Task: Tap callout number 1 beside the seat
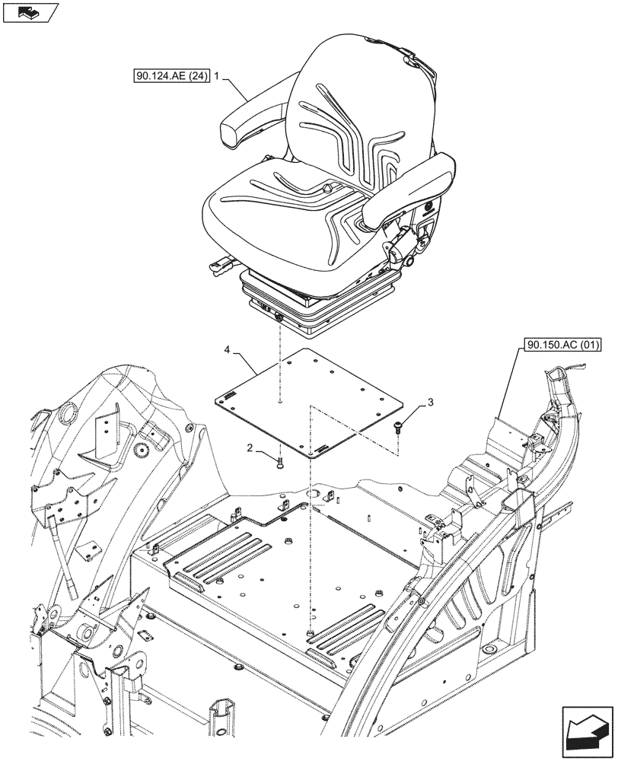[x=218, y=76]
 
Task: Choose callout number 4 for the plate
[x=228, y=350]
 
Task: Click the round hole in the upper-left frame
[x=65, y=416]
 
